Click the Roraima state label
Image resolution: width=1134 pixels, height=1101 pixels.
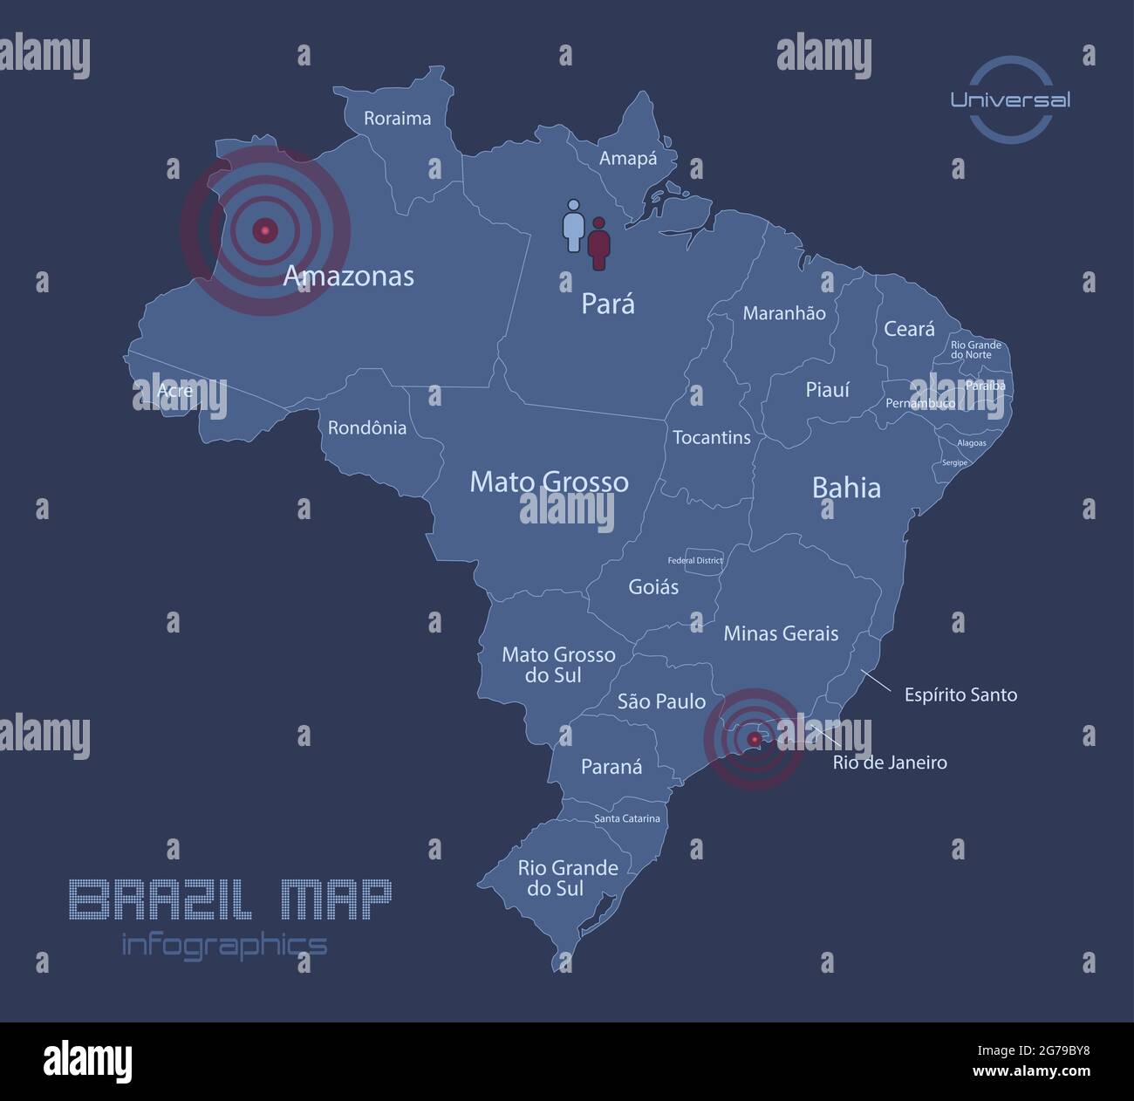click(x=397, y=119)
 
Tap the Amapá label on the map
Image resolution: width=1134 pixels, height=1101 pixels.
click(x=628, y=159)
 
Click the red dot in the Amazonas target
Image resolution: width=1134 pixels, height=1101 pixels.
click(x=265, y=230)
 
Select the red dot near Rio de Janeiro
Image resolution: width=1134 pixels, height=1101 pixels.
click(x=754, y=739)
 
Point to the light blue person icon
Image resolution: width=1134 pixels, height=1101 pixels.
click(x=573, y=225)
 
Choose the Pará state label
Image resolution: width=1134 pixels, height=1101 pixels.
click(x=608, y=304)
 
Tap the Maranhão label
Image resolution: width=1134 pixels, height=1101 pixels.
click(x=783, y=313)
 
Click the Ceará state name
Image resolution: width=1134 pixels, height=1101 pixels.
click(x=909, y=329)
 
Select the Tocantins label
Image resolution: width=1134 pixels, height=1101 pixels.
click(x=711, y=437)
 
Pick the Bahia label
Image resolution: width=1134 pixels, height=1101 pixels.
click(x=846, y=487)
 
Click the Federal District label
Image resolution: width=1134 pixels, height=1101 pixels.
click(x=695, y=560)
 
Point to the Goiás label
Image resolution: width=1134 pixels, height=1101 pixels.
click(x=653, y=587)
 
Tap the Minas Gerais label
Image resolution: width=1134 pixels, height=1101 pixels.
click(x=781, y=633)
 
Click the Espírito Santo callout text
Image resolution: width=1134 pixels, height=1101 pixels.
click(x=960, y=695)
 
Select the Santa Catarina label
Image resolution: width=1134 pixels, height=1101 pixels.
click(x=627, y=818)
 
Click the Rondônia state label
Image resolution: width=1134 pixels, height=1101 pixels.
click(x=367, y=427)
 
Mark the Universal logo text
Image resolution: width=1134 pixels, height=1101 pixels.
click(x=1010, y=99)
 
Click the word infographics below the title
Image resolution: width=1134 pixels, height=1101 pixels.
click(x=224, y=944)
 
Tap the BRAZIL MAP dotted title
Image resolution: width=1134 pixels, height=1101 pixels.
click(x=230, y=900)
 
